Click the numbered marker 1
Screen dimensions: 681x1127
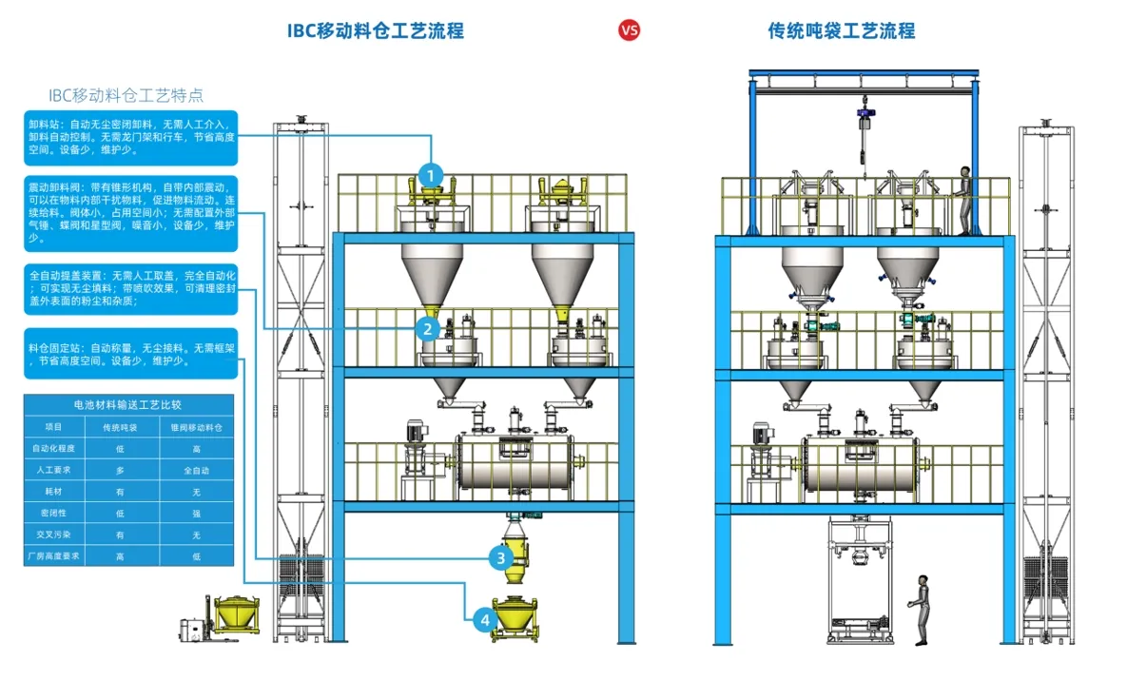[432, 175]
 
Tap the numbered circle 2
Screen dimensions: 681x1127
[428, 329]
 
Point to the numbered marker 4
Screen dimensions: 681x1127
[485, 620]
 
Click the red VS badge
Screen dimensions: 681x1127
[630, 30]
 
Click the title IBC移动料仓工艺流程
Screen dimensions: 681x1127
[376, 30]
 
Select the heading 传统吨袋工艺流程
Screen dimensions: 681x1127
[842, 30]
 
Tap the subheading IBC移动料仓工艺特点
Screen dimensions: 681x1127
[126, 95]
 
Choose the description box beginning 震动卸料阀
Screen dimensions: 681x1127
[130, 213]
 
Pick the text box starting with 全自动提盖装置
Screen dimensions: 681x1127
[130, 288]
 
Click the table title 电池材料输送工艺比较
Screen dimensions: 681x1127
[128, 404]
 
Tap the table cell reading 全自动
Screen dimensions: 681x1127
[197, 470]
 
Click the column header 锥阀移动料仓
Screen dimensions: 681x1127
[197, 427]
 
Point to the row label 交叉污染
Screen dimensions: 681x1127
[54, 535]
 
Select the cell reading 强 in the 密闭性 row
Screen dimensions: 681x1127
[197, 513]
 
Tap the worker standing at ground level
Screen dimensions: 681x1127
[920, 610]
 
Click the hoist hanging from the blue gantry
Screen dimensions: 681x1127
[865, 124]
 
